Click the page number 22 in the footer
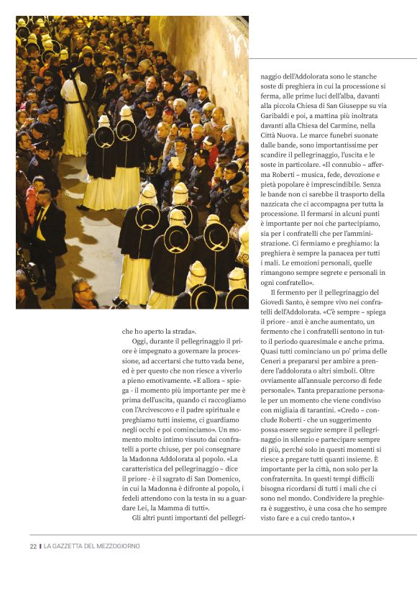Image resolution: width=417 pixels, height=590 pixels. coord(33,546)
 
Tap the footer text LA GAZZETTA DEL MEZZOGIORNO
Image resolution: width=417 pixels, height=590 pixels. coord(92,546)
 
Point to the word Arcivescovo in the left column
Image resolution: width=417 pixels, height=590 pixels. coord(154,409)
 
